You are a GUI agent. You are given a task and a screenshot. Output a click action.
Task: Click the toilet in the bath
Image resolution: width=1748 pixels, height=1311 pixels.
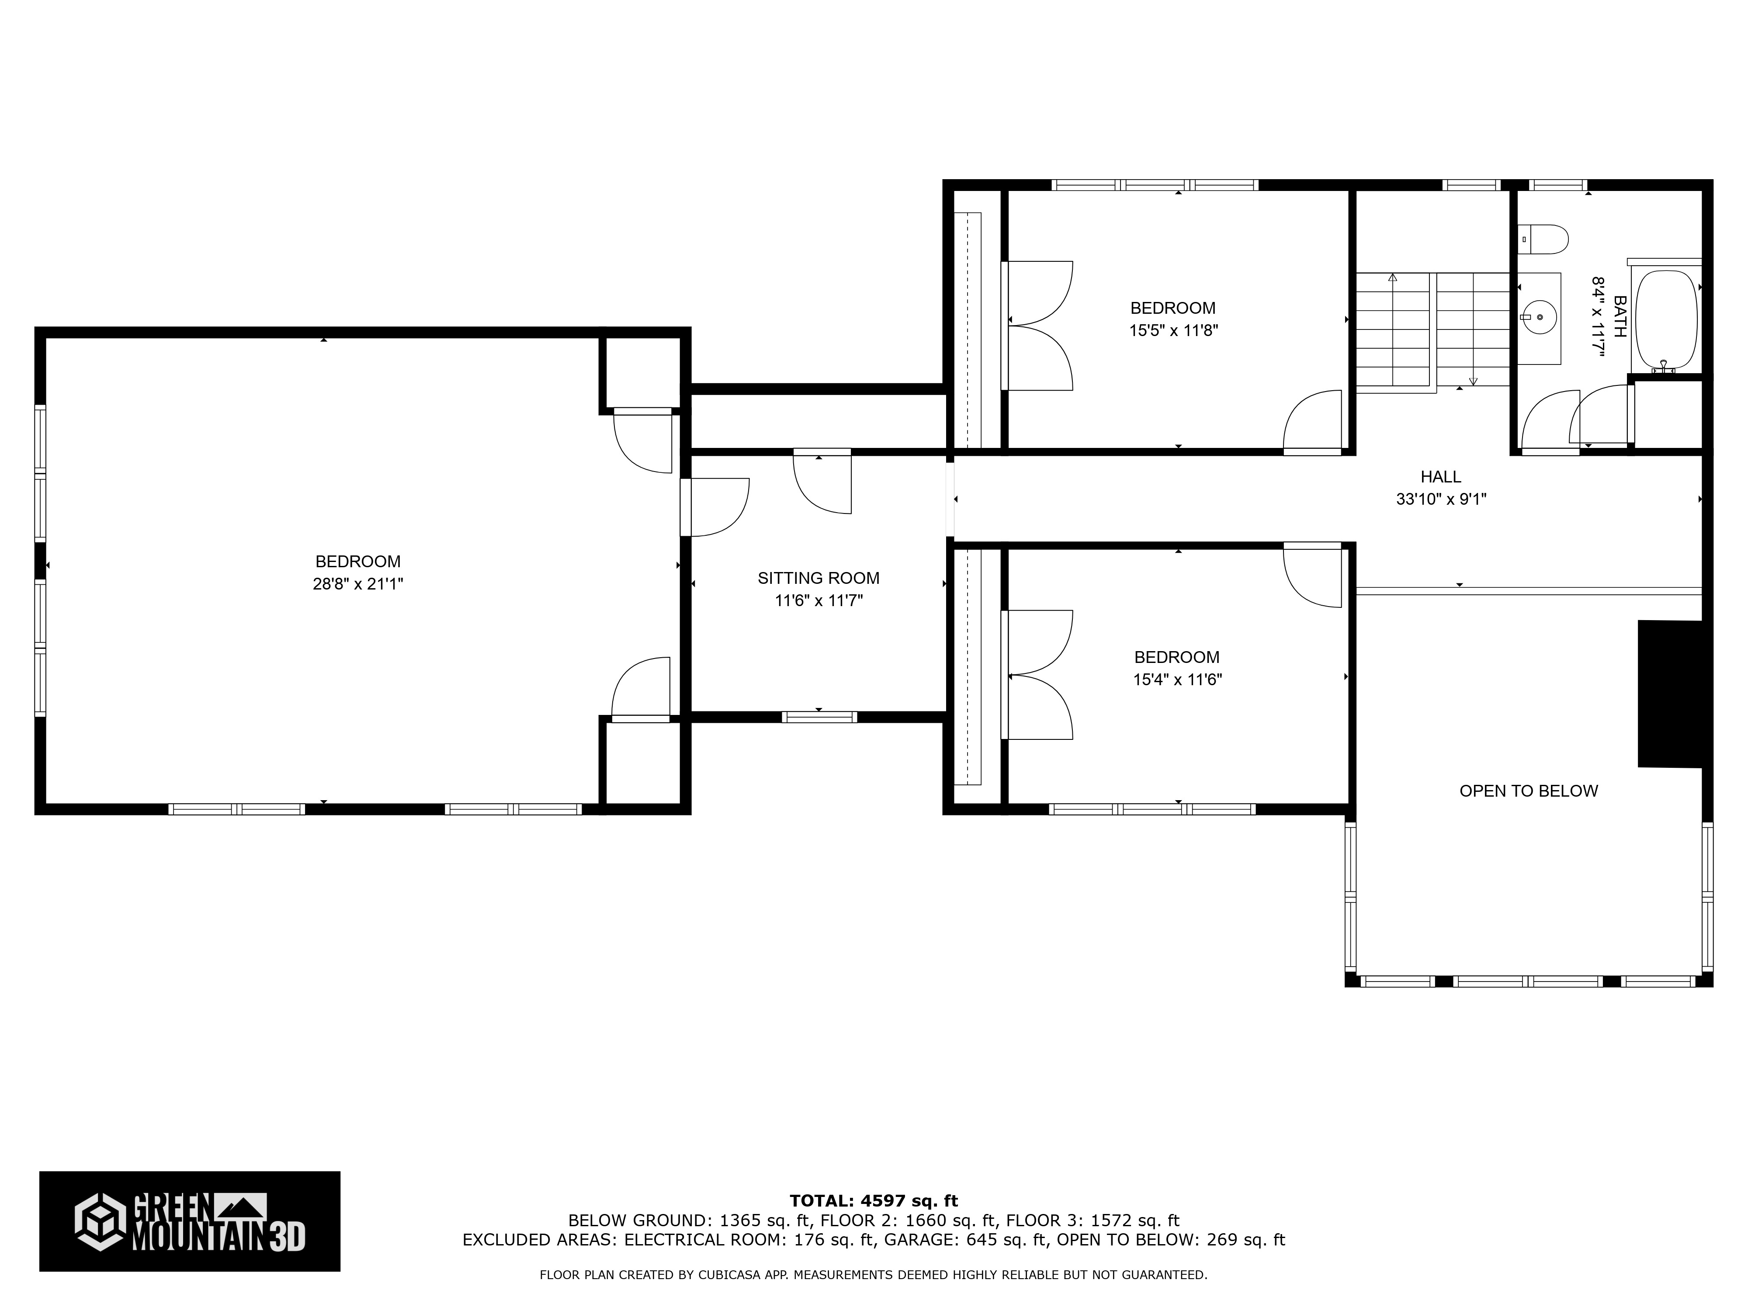click(1543, 239)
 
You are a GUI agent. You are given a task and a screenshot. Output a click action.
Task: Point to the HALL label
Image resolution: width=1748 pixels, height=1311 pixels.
click(1441, 476)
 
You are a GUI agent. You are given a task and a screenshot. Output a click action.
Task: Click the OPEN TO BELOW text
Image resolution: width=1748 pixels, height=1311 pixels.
click(1528, 791)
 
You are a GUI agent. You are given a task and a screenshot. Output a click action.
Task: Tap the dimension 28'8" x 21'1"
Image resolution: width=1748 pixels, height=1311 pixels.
click(358, 584)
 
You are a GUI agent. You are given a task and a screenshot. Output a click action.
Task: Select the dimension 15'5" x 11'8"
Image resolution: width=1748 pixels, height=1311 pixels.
click(1173, 330)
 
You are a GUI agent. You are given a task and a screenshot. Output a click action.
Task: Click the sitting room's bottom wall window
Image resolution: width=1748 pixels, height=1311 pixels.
click(819, 717)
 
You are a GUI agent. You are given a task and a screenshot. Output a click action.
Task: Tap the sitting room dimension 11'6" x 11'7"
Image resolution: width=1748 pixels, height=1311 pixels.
click(819, 600)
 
